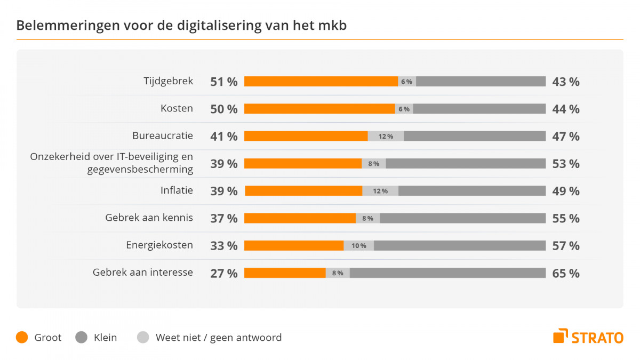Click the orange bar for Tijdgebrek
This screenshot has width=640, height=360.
tap(321, 82)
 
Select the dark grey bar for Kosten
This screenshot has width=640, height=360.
tap(479, 109)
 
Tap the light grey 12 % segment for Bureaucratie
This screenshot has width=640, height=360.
tap(386, 136)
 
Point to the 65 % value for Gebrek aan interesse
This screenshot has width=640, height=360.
tap(566, 273)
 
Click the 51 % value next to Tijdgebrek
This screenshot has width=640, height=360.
tap(224, 82)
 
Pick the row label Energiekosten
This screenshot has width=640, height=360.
tap(159, 245)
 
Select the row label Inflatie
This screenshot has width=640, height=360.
tap(177, 190)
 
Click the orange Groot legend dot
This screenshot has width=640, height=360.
tap(22, 338)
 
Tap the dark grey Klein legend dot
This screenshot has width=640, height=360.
tap(82, 338)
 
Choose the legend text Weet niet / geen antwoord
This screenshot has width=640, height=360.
tap(218, 338)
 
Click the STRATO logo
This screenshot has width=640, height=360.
tap(588, 337)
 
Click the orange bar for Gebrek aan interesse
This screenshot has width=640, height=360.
tap(285, 273)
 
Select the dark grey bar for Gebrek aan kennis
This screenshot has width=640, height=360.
tap(462, 218)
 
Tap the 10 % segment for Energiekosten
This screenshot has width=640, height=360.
tap(358, 245)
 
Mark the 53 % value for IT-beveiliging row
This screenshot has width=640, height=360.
tap(566, 163)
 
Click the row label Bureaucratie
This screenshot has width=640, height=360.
tap(163, 135)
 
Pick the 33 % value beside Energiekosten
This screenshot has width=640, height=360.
tap(224, 245)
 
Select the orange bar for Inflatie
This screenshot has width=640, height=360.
tap(303, 191)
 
